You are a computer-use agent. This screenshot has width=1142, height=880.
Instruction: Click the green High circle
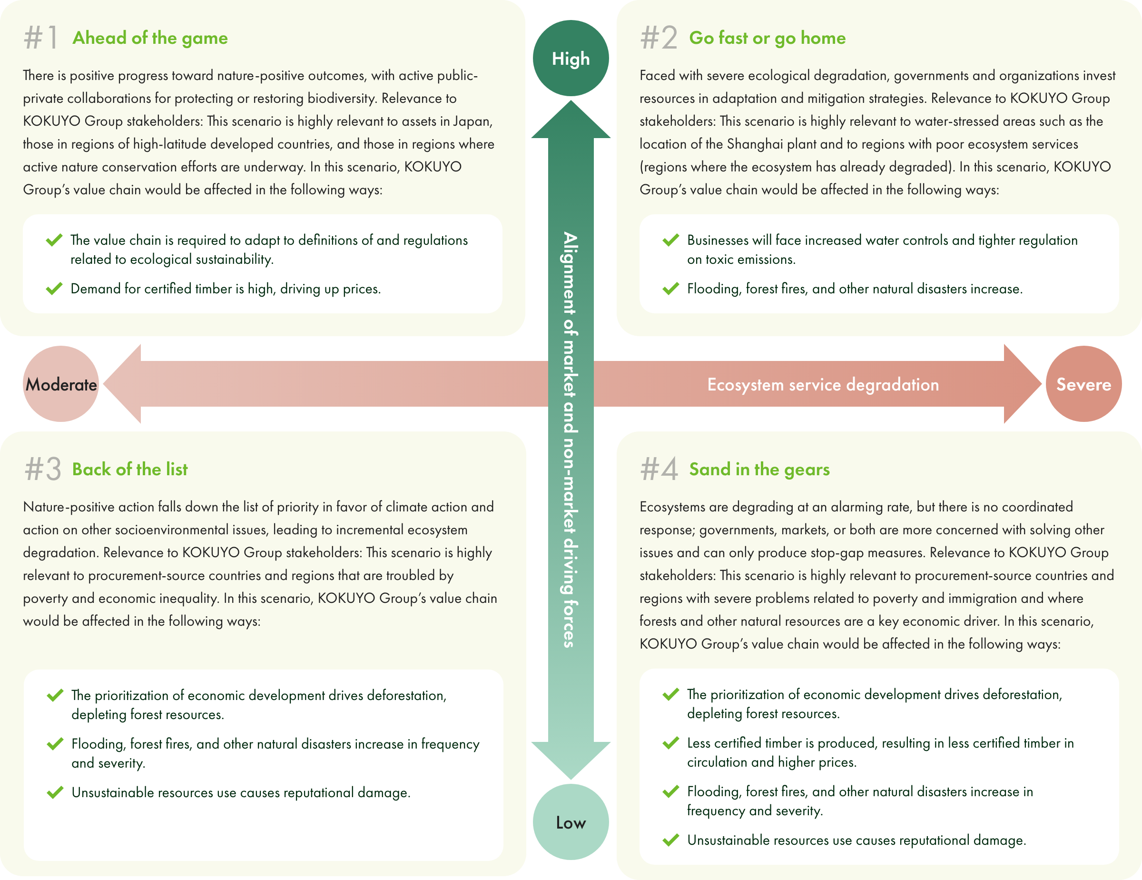[x=571, y=58]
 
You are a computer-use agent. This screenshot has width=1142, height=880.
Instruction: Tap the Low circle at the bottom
[x=571, y=821]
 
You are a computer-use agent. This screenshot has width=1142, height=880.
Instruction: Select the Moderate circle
[x=61, y=384]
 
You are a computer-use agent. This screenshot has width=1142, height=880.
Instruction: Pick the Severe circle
[x=1083, y=384]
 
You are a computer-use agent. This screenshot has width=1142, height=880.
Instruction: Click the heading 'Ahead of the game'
[x=150, y=38]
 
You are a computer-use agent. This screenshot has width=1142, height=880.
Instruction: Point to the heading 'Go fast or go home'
[x=767, y=38]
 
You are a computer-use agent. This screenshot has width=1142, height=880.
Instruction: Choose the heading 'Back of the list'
[x=130, y=470]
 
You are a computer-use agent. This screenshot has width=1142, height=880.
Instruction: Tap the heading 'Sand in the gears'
[x=759, y=470]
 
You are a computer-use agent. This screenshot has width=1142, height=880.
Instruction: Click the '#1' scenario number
[x=41, y=38]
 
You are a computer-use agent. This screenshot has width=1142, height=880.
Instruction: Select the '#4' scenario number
[x=659, y=469]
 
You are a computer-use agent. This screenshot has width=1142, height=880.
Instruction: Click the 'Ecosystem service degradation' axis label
[x=823, y=385]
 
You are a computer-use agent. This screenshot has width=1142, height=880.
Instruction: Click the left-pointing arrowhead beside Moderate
[x=122, y=384]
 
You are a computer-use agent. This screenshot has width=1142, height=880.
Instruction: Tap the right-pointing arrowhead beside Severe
[x=1023, y=384]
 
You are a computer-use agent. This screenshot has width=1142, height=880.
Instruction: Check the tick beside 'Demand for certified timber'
[x=54, y=288]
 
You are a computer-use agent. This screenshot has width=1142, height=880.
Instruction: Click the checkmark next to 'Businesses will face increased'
[x=671, y=240]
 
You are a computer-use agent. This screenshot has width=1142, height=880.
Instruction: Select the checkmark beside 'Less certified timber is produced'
[x=671, y=742]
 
